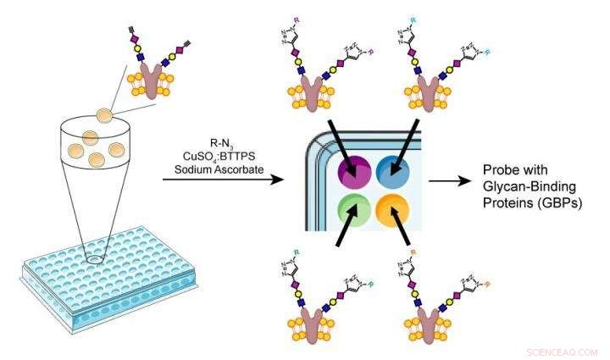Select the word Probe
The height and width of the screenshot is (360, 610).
[x=499, y=169]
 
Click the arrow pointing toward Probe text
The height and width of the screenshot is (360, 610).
[x=448, y=180]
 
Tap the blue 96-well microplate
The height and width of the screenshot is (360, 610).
[x=102, y=280]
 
